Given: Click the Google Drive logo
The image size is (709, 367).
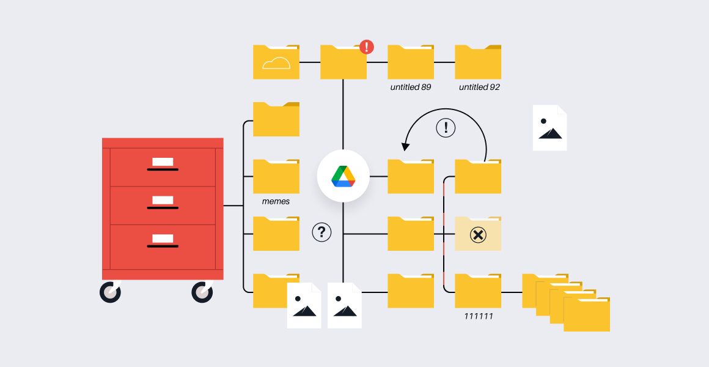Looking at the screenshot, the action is (x=343, y=177).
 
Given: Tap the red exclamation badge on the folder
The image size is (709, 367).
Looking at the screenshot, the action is (x=367, y=46).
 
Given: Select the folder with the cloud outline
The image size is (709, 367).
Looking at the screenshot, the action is (x=276, y=62).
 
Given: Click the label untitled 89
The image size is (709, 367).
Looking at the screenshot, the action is (x=411, y=87).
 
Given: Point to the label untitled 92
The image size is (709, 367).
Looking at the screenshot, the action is (x=479, y=87).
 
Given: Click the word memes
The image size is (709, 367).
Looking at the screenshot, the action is (x=276, y=201).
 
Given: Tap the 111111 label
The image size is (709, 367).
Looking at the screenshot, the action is (x=479, y=316).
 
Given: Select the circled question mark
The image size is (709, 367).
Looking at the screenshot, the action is (x=321, y=232).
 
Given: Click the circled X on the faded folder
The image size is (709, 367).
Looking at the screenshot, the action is (x=478, y=235).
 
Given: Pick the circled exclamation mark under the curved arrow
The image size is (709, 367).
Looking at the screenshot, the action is (x=446, y=128).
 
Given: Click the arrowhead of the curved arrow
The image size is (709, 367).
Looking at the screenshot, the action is (x=405, y=147).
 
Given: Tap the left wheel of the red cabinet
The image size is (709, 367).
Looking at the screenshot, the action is (x=111, y=292).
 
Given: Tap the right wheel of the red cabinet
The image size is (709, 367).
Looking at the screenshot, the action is (x=202, y=292).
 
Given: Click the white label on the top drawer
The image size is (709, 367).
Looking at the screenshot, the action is (x=163, y=162).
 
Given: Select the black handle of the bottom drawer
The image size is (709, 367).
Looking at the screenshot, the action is (x=163, y=246).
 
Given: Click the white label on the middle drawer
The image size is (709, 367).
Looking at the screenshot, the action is (x=163, y=200).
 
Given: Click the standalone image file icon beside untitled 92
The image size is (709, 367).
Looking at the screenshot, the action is (x=550, y=128).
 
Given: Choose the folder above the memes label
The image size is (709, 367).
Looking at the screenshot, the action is (x=276, y=176).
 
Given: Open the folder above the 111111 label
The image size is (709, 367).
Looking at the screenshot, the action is (x=478, y=291).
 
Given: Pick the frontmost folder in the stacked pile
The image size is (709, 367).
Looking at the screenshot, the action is (x=587, y=314).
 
